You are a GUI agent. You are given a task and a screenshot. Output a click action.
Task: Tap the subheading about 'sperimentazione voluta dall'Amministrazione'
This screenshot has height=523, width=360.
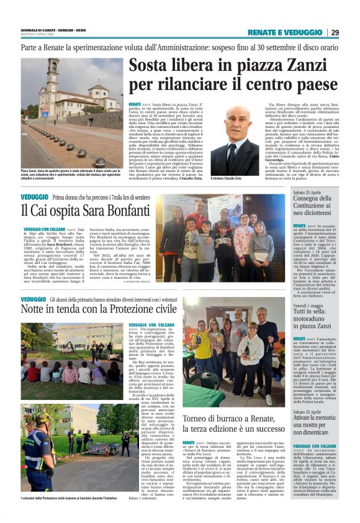pyautogui.click(x=180, y=47)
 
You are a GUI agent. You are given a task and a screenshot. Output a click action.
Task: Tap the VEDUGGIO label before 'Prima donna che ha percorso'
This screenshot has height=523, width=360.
pyautogui.click(x=35, y=197)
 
